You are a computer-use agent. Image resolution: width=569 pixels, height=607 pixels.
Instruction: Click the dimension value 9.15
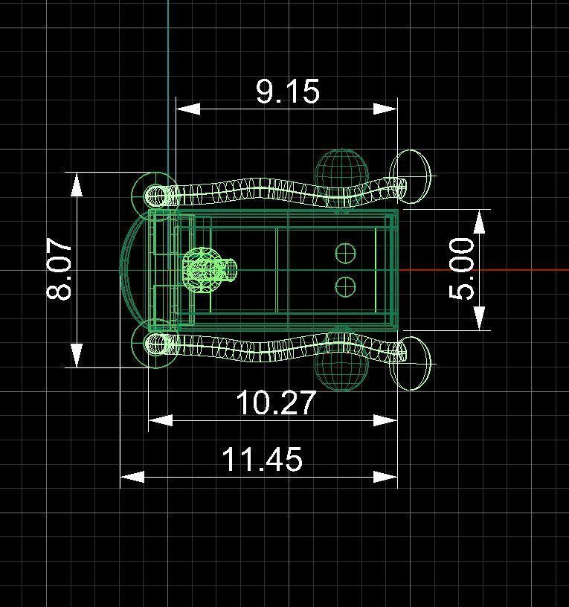(x=288, y=91)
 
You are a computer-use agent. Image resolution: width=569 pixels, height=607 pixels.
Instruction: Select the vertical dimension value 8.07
(x=60, y=269)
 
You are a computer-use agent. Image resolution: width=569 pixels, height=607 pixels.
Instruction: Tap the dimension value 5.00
(x=462, y=269)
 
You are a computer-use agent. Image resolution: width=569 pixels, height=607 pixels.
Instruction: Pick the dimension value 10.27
(x=276, y=404)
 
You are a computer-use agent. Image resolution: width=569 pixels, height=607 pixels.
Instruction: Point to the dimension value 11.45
(x=263, y=460)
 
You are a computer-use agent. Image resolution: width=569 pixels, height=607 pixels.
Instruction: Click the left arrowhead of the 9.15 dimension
(x=187, y=109)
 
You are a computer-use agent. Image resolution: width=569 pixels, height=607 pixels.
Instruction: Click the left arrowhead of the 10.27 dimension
(x=161, y=420)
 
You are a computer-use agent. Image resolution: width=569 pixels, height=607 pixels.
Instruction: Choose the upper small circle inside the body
(x=345, y=254)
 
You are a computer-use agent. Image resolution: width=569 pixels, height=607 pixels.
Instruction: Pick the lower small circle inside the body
(x=345, y=286)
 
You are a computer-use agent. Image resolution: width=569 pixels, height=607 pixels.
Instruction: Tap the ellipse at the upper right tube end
(x=411, y=176)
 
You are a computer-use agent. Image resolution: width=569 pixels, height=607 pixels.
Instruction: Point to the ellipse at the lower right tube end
(x=411, y=363)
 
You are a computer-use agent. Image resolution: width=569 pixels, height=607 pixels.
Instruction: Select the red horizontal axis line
(x=483, y=269)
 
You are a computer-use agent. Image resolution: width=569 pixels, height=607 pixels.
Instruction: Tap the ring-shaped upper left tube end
(x=156, y=196)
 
